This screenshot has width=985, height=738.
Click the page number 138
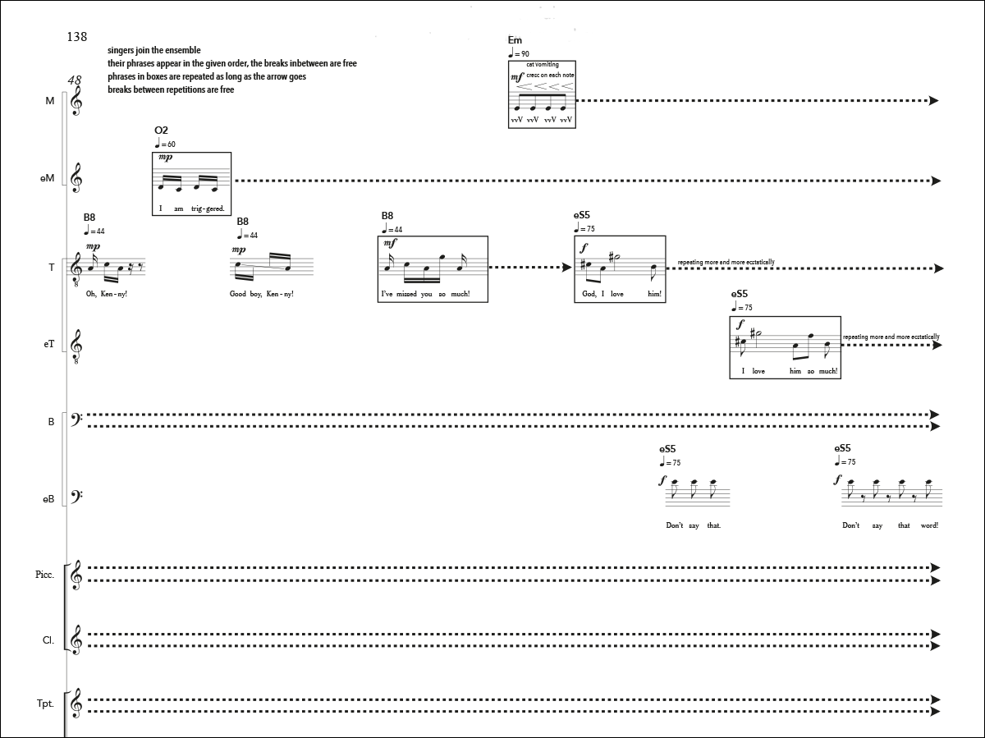pos(76,37)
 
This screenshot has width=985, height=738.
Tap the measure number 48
pos(75,80)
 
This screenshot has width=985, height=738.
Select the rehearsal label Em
pos(515,40)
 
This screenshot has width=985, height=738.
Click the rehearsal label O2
pos(161,131)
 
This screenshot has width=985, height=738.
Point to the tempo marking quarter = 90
pos(519,53)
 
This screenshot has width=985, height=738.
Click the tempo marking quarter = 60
pos(165,144)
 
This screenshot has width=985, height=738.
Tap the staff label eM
pos(47,178)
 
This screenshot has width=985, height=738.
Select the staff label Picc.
pos(45,575)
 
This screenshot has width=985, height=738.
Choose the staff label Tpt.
pos(45,704)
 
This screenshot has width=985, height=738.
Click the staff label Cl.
pos(48,640)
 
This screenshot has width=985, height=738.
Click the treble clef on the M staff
pos(76,100)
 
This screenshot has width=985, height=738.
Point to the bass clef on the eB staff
pos(77,496)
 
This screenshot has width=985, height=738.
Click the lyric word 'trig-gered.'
pos(208,209)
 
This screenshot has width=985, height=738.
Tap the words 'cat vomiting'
pos(543,65)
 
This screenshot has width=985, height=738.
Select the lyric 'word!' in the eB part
pos(929,525)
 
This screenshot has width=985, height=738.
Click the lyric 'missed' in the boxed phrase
pos(406,294)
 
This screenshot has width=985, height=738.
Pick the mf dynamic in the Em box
pos(517,77)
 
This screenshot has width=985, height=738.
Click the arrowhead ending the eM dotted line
pos(936,181)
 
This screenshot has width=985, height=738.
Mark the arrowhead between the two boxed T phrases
pos(567,268)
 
